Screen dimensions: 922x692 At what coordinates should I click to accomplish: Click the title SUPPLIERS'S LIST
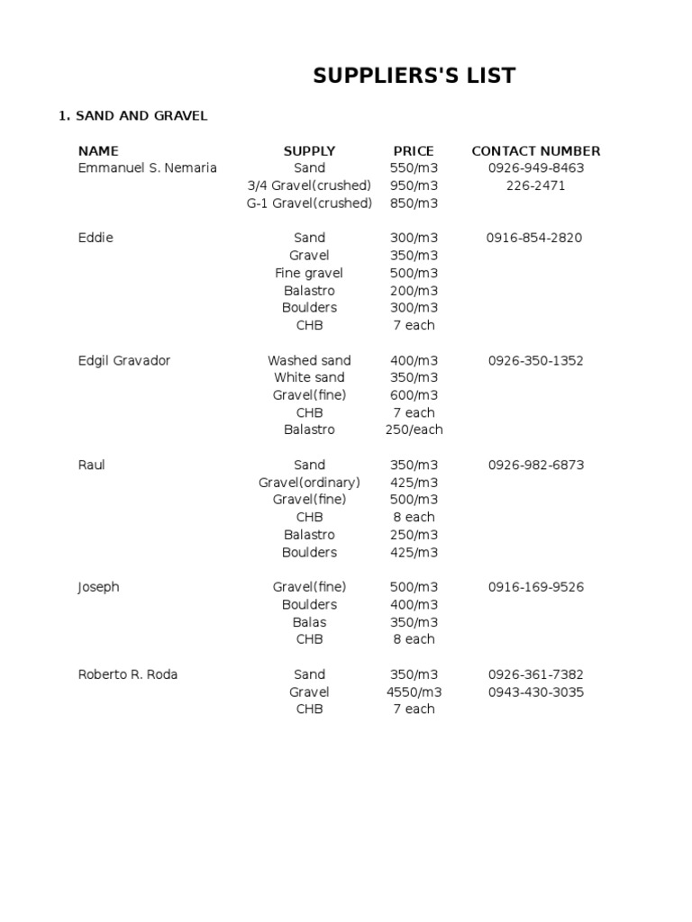click(x=414, y=77)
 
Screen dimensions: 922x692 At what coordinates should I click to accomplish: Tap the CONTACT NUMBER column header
click(x=536, y=151)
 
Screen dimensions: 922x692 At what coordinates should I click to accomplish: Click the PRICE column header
click(x=414, y=151)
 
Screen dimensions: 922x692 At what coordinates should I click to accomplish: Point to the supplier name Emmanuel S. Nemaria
click(x=148, y=168)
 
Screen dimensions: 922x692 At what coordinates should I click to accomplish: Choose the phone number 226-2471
click(x=536, y=185)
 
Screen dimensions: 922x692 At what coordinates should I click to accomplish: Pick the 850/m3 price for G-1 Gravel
click(x=414, y=203)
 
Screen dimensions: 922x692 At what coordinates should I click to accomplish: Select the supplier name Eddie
click(x=96, y=238)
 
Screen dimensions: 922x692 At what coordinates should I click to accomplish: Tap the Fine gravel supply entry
click(x=309, y=273)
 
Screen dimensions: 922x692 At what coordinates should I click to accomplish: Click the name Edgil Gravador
click(x=124, y=360)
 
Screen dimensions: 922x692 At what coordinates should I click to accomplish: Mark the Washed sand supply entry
click(x=309, y=360)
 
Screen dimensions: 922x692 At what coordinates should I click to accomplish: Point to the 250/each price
click(x=414, y=429)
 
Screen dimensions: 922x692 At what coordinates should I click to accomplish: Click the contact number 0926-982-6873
click(x=536, y=465)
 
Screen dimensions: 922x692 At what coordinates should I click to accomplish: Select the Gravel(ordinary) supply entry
click(x=309, y=483)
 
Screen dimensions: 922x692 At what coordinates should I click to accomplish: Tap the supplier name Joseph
click(x=99, y=587)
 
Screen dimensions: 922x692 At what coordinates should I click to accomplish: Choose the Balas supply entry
click(x=309, y=622)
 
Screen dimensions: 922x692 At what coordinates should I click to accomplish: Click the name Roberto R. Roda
click(x=128, y=674)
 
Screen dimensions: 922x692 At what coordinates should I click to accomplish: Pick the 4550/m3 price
click(x=414, y=692)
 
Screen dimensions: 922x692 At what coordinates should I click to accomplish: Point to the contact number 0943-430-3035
click(x=536, y=692)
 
